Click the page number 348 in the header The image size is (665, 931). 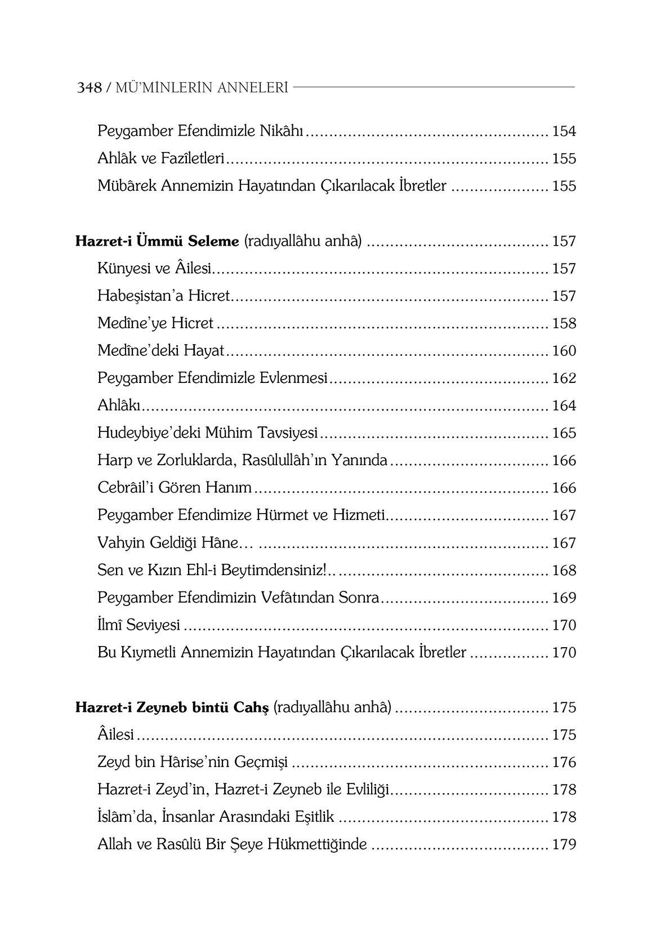pyautogui.click(x=89, y=88)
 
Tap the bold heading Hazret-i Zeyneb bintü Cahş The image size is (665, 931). pyautogui.click(x=172, y=707)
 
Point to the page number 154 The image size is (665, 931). pyautogui.click(x=564, y=132)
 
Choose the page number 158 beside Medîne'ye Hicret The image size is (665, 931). pyautogui.click(x=564, y=324)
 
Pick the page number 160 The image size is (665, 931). pyautogui.click(x=564, y=351)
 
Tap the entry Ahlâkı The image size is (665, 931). pyautogui.click(x=119, y=406)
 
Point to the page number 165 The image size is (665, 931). pyautogui.click(x=564, y=434)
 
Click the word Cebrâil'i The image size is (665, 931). pyautogui.click(x=126, y=488)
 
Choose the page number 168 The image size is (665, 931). pyautogui.click(x=564, y=571)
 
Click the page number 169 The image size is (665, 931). pyautogui.click(x=564, y=598)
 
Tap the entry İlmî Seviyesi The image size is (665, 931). pyautogui.click(x=139, y=626)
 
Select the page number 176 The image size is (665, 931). pyautogui.click(x=564, y=763)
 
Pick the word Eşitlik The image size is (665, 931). pyautogui.click(x=311, y=818)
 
